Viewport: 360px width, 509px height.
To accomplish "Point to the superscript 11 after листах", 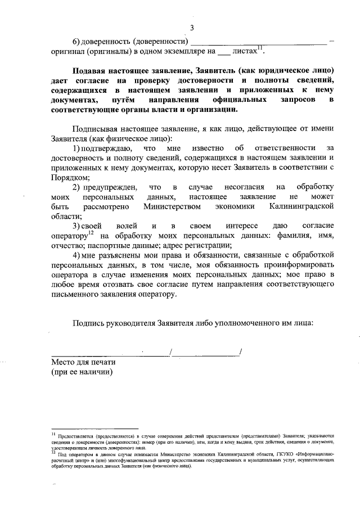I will [260, 48].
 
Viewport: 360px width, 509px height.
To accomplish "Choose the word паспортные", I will [101, 245].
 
